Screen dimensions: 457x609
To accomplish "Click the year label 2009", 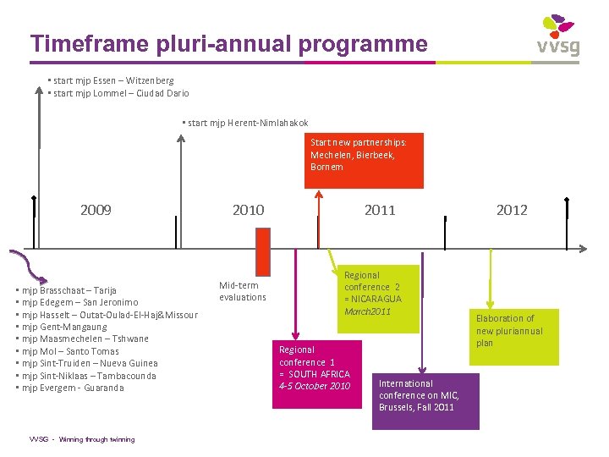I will pyautogui.click(x=96, y=210).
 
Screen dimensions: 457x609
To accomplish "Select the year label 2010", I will pyautogui.click(x=248, y=210).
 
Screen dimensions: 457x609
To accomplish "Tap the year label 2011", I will pyautogui.click(x=380, y=210).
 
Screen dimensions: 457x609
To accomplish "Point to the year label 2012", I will pyautogui.click(x=512, y=210).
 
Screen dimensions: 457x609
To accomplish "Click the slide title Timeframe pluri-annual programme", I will pyautogui.click(x=228, y=43).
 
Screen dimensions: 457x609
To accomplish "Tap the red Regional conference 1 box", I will pyautogui.click(x=315, y=368).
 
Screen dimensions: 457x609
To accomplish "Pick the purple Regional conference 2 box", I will pyautogui.click(x=372, y=294).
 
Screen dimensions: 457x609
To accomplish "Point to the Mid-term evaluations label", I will pyautogui.click(x=242, y=291).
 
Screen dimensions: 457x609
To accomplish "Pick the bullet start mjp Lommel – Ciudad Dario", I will pyautogui.click(x=119, y=93).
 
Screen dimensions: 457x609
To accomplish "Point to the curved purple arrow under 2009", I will pyautogui.click(x=30, y=264).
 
